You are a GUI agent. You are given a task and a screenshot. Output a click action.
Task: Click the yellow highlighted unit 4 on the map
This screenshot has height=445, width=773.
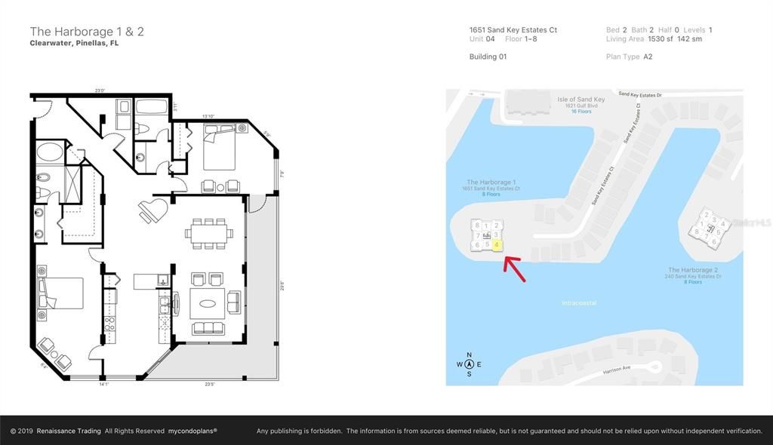point(497,245)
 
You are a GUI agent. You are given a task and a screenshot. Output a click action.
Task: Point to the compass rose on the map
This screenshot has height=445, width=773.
point(469,364)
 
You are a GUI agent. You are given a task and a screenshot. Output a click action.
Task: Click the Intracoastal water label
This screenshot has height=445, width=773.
point(580,302)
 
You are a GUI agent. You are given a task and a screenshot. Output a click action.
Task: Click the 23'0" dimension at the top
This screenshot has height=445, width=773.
point(99,91)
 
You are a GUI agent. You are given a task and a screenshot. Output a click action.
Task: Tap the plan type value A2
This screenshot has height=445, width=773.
point(648,57)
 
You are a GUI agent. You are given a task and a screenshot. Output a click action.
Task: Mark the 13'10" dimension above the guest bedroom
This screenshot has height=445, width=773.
point(209,116)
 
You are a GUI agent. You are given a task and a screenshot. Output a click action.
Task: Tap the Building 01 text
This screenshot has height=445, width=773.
point(488,57)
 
